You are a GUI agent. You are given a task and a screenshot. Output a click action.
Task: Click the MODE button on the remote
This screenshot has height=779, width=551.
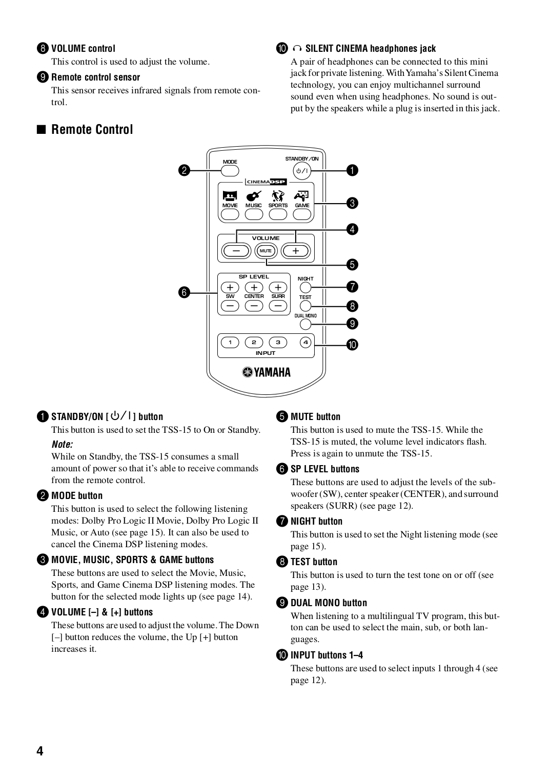230,171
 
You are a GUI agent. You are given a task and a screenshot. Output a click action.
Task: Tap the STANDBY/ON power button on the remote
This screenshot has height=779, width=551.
301,171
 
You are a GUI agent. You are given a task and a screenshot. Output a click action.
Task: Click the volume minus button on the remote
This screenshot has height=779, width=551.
236,251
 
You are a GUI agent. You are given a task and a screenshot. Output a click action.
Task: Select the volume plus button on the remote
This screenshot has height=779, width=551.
295,251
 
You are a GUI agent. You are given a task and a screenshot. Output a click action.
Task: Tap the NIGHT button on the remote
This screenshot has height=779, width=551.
305,287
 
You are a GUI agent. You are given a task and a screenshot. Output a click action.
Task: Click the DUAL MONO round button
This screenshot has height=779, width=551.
305,324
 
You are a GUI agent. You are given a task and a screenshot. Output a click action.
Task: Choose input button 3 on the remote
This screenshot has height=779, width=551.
278,342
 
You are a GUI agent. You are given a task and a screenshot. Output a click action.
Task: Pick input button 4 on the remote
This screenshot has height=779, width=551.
305,342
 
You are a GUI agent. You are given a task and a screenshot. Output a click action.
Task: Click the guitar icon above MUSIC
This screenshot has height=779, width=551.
254,196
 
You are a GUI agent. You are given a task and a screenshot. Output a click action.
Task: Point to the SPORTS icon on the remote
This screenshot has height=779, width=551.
278,196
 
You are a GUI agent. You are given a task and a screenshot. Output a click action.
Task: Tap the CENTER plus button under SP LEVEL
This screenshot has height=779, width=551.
254,288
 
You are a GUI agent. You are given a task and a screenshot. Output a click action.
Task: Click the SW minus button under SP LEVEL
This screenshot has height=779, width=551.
230,306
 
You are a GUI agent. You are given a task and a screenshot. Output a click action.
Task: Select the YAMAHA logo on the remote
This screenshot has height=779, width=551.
267,372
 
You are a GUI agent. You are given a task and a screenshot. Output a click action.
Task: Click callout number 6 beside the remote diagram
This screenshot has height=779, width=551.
184,292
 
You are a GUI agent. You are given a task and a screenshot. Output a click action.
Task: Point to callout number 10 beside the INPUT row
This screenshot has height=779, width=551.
352,345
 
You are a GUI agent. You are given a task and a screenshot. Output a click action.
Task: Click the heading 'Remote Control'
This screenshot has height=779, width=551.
92,129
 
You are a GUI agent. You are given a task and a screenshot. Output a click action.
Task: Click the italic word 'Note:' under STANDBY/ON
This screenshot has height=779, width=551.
62,444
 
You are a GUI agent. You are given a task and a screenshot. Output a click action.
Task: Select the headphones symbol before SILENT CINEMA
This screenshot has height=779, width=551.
297,49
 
